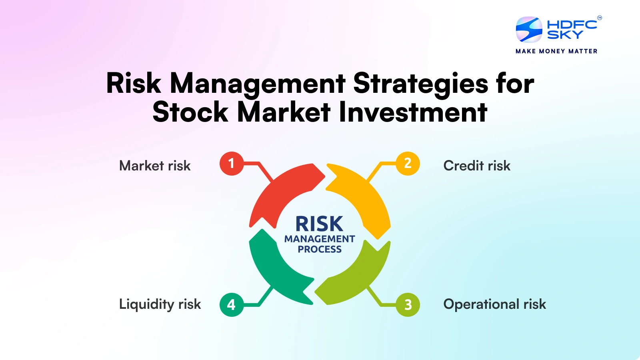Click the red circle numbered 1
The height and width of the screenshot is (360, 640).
pos(231,164)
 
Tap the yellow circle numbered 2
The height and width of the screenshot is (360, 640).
pos(408,164)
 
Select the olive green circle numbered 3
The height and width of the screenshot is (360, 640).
pos(408,305)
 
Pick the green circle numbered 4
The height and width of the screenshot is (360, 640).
pos(231,305)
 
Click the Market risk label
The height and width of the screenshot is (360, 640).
pos(155,166)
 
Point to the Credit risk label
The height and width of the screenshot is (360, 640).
pos(477,166)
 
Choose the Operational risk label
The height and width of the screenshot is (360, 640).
pos(494,304)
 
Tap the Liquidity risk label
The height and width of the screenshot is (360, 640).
pos(160,304)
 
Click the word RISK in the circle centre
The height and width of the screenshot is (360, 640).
pos(319,224)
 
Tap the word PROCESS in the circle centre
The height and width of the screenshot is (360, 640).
pos(320,249)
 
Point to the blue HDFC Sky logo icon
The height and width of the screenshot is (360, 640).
pos(529,30)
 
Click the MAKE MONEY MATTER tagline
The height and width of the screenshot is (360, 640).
pos(556,51)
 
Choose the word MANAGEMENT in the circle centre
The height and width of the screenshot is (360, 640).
pos(320,239)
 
